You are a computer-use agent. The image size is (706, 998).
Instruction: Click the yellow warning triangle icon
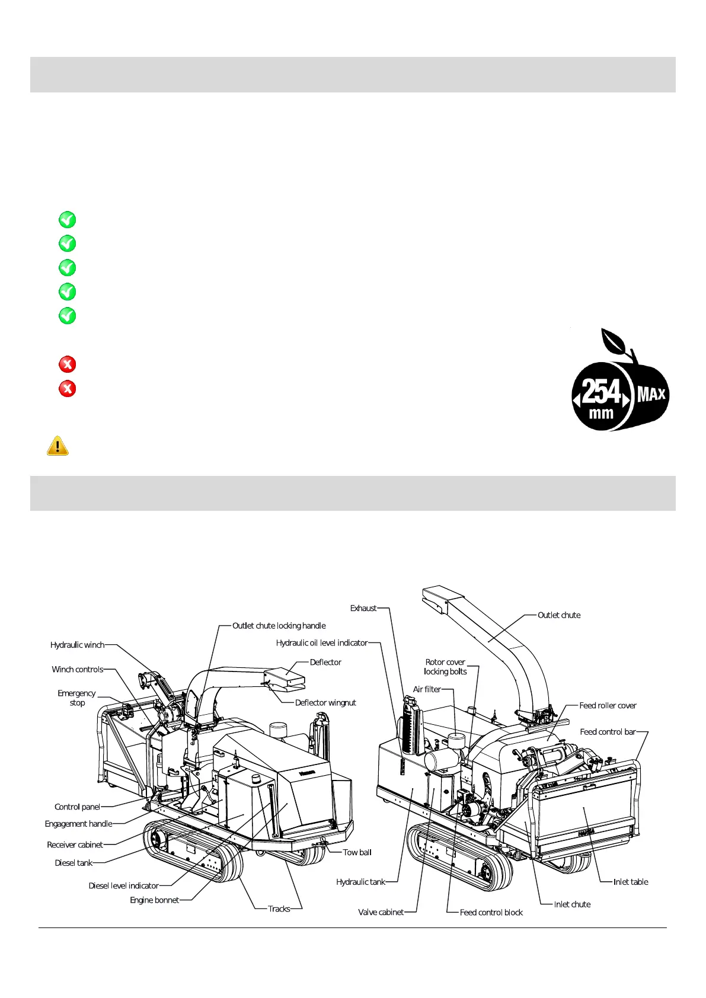pyautogui.click(x=57, y=446)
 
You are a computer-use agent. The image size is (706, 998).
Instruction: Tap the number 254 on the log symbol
pyautogui.click(x=600, y=392)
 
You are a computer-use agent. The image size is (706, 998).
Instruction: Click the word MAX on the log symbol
pyautogui.click(x=651, y=394)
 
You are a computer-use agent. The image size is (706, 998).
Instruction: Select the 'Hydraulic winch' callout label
pyautogui.click(x=77, y=645)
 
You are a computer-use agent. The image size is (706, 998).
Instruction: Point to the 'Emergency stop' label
pyautogui.click(x=76, y=698)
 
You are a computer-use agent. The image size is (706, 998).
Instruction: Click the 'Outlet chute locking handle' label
pyautogui.click(x=279, y=625)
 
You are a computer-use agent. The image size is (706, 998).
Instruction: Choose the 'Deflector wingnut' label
pyautogui.click(x=325, y=702)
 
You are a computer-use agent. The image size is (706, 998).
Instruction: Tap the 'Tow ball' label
pyautogui.click(x=357, y=852)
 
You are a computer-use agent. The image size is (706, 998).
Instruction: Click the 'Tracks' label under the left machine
pyautogui.click(x=279, y=909)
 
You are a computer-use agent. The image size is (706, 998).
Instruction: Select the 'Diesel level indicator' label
pyautogui.click(x=123, y=885)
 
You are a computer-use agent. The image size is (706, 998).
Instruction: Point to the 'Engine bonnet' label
pyautogui.click(x=154, y=900)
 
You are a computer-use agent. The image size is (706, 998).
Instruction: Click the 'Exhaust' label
pyautogui.click(x=363, y=608)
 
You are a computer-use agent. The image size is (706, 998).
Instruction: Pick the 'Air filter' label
pyautogui.click(x=427, y=689)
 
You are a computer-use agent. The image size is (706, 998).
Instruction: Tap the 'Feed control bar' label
pyautogui.click(x=608, y=731)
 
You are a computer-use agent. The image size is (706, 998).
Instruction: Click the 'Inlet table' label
pyautogui.click(x=631, y=882)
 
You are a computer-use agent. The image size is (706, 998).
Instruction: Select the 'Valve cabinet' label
pyautogui.click(x=381, y=912)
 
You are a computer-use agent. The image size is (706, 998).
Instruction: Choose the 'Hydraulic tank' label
pyautogui.click(x=360, y=882)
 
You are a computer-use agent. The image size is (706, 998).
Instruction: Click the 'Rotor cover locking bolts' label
pyautogui.click(x=445, y=667)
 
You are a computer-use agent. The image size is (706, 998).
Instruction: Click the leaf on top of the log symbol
pyautogui.click(x=615, y=341)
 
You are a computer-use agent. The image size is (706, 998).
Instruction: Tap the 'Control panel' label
pyautogui.click(x=77, y=807)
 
